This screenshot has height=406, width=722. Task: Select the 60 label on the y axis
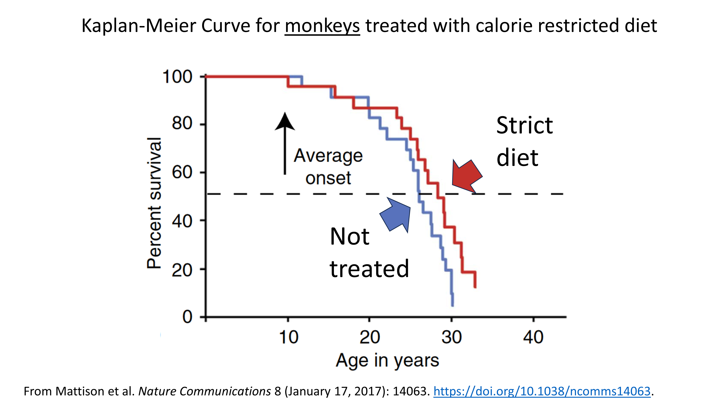(182, 172)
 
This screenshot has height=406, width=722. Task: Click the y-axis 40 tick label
(182, 221)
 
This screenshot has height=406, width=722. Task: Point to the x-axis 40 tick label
(533, 337)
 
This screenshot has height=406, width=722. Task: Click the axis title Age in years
(387, 360)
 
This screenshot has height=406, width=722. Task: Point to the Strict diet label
(524, 141)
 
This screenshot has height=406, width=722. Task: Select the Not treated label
(369, 252)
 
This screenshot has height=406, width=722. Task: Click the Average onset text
(328, 167)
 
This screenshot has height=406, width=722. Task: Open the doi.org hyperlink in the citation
(541, 391)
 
